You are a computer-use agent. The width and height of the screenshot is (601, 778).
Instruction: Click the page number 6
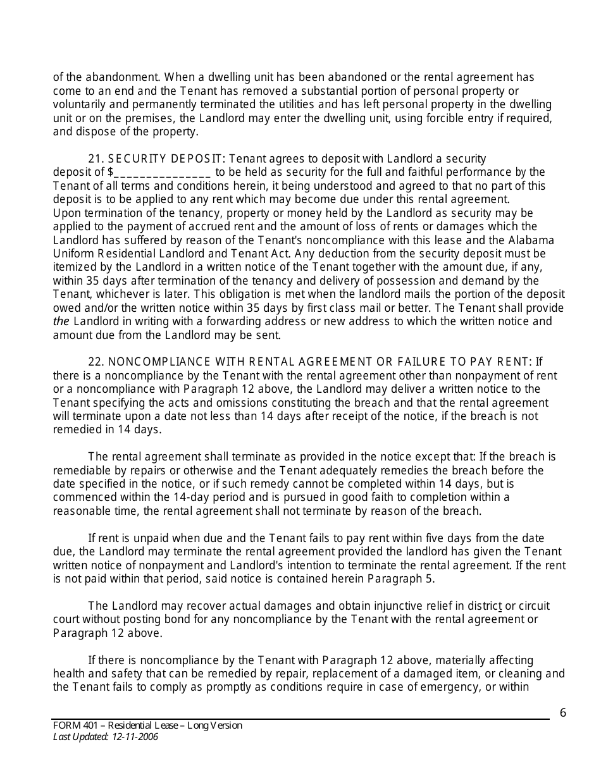pos(563,713)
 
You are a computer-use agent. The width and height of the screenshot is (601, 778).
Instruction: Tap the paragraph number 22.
pos(96,362)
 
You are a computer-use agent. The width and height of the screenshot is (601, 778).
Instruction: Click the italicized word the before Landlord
pos(61,321)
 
